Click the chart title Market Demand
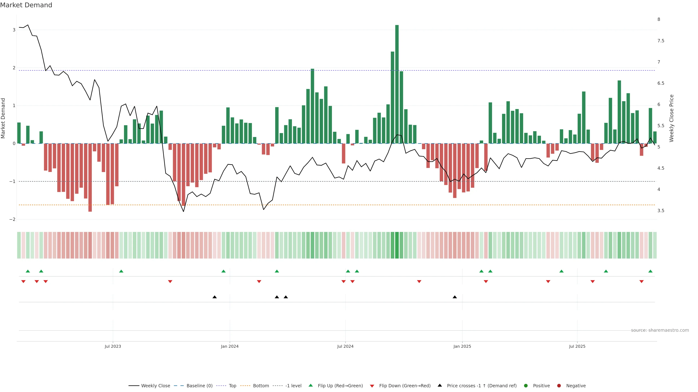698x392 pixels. pyautogui.click(x=26, y=5)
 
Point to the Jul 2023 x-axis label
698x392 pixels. pyautogui.click(x=113, y=346)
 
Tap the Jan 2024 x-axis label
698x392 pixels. pyautogui.click(x=230, y=346)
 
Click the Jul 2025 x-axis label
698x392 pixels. pyautogui.click(x=577, y=346)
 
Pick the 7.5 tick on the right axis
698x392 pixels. pyautogui.click(x=661, y=41)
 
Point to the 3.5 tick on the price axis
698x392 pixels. pyautogui.click(x=661, y=211)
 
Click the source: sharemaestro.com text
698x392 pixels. pyautogui.click(x=660, y=330)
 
